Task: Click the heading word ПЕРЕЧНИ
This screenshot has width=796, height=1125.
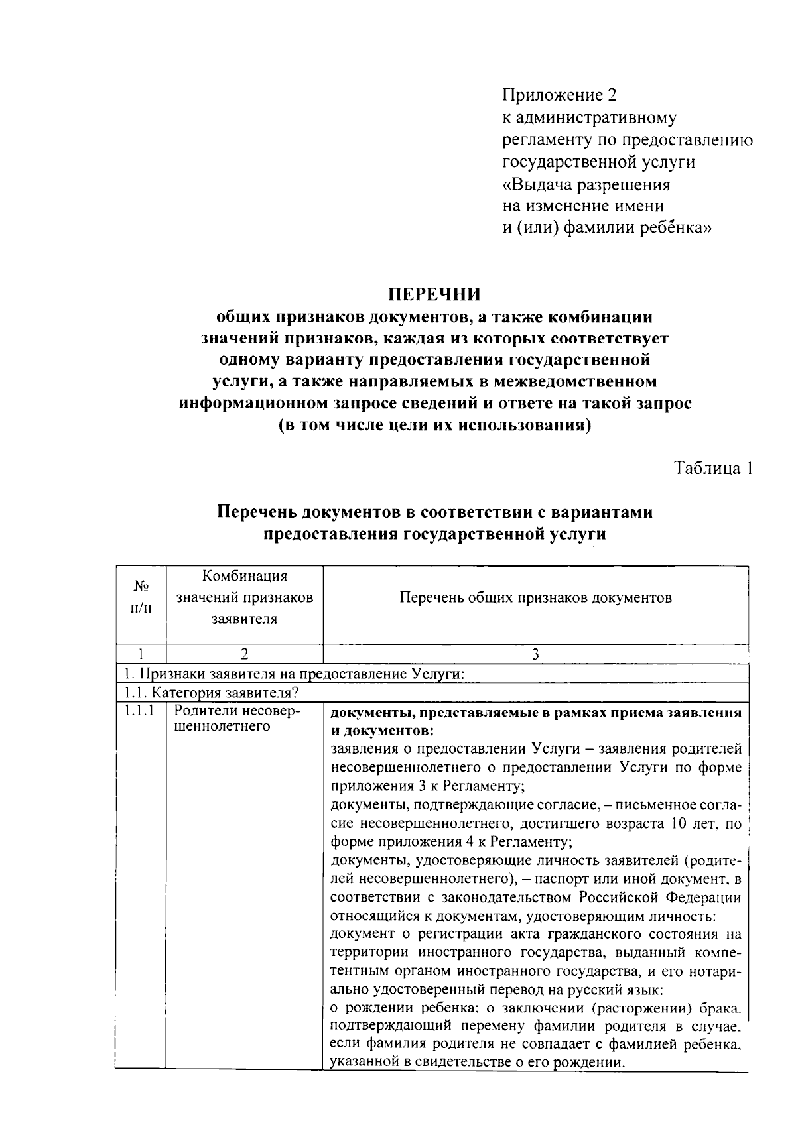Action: pyautogui.click(x=434, y=294)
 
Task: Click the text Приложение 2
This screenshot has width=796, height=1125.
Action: pyautogui.click(x=559, y=95)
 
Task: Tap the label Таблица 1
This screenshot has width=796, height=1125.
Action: pyautogui.click(x=713, y=468)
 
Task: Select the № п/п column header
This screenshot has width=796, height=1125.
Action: pyautogui.click(x=141, y=597)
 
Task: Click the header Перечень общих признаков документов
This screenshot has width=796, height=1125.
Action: pyautogui.click(x=535, y=598)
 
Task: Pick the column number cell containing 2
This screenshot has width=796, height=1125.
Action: pyautogui.click(x=244, y=654)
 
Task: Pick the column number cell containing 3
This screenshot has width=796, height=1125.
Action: pyautogui.click(x=535, y=654)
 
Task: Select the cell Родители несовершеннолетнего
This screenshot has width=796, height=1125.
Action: pyautogui.click(x=237, y=719)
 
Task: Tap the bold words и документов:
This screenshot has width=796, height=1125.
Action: pyautogui.click(x=382, y=731)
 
